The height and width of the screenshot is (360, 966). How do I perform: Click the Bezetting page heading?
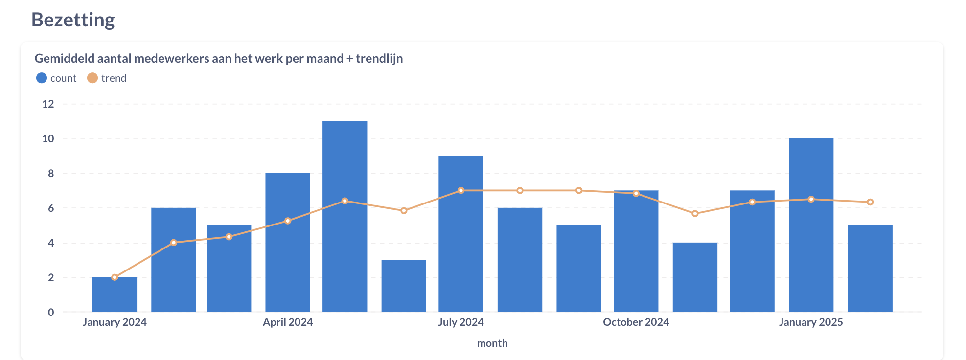(73, 20)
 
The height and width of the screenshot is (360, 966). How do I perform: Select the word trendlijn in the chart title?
(379, 59)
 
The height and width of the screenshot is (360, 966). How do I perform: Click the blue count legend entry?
(57, 78)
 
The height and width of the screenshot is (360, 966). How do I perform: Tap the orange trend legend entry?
(107, 78)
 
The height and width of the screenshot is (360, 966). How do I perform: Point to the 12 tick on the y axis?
(48, 104)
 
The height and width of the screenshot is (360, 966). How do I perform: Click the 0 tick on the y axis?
(51, 312)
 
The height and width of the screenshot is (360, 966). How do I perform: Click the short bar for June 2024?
(404, 286)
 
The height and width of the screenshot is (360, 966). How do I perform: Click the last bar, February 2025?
(870, 269)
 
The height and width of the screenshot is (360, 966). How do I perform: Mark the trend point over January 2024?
(115, 277)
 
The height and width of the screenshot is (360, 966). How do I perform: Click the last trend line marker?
(870, 202)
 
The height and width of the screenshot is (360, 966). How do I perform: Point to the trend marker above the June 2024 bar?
(404, 211)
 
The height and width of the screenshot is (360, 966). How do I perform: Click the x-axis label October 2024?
(636, 322)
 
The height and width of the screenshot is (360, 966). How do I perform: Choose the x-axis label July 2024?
(460, 322)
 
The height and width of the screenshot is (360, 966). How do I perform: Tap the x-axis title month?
(492, 343)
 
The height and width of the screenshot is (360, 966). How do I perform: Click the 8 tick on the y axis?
(51, 173)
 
